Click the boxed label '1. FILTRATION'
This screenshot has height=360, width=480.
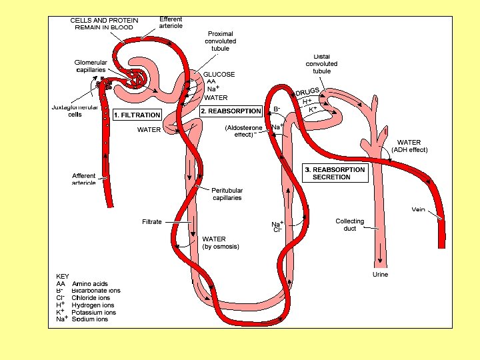pyautogui.click(x=137, y=115)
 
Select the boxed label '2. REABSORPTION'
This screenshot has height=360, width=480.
pyautogui.click(x=231, y=111)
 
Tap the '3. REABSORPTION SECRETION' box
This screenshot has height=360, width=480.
pyautogui.click(x=335, y=173)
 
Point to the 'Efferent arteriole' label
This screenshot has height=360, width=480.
pyautogui.click(x=171, y=22)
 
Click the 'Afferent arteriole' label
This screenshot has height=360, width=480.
pyautogui.click(x=84, y=179)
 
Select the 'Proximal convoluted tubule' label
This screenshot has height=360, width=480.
pyautogui.click(x=220, y=41)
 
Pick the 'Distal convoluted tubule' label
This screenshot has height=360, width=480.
pyautogui.click(x=321, y=63)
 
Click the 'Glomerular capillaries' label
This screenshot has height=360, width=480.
pyautogui.click(x=91, y=66)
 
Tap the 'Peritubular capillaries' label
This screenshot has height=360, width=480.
pyautogui.click(x=227, y=194)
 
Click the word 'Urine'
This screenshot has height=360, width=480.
pyautogui.click(x=379, y=274)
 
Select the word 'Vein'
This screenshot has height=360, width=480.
pyautogui.click(x=418, y=209)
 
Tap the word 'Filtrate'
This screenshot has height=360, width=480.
pyautogui.click(x=152, y=221)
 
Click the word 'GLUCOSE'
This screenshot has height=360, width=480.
pyautogui.click(x=219, y=74)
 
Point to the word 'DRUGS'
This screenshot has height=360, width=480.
pyautogui.click(x=308, y=92)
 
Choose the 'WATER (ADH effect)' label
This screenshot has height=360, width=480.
pyautogui.click(x=409, y=146)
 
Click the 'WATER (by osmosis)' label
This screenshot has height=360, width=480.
pyautogui.click(x=220, y=243)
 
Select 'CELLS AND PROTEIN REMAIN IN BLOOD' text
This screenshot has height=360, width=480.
pyautogui.click(x=104, y=24)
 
